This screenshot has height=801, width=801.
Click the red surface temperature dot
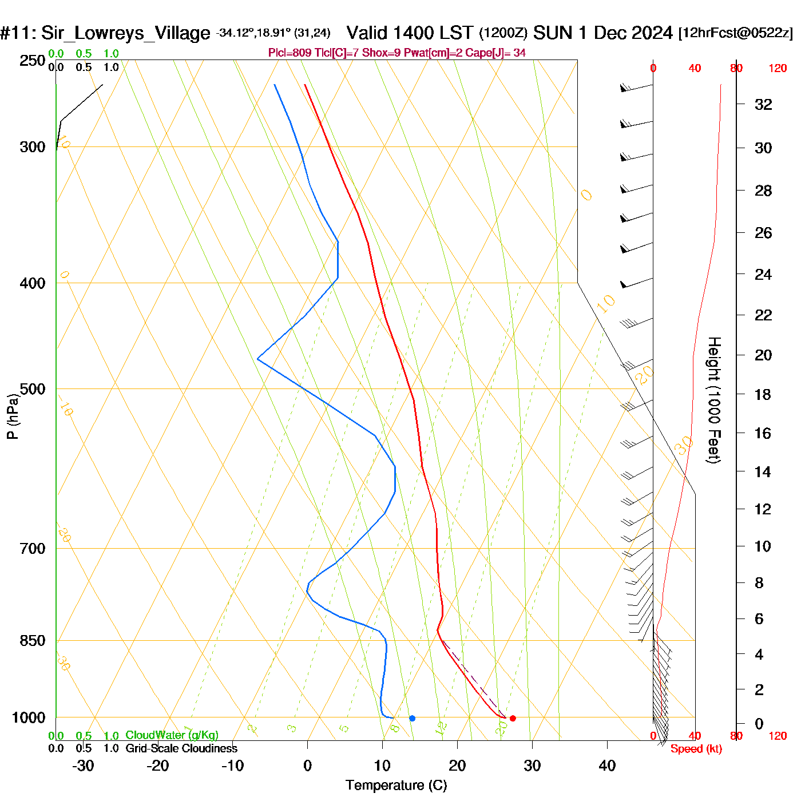click(x=513, y=718)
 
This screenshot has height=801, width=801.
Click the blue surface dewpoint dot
click(x=412, y=718)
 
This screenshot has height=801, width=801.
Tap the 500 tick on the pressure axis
click(x=33, y=389)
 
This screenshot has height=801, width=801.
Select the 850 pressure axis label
click(x=33, y=641)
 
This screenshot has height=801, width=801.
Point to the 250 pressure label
click(x=33, y=61)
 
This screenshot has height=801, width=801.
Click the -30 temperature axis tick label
click(x=83, y=766)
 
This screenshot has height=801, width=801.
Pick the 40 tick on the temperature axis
click(x=607, y=766)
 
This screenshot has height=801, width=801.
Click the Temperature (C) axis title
click(x=396, y=785)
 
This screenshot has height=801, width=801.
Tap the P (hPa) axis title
click(x=13, y=416)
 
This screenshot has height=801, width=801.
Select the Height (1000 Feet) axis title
click(x=713, y=400)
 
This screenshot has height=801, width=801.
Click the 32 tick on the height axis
click(x=763, y=104)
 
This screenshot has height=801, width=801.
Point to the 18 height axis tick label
click(x=763, y=394)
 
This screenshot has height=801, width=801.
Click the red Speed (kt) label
click(x=696, y=749)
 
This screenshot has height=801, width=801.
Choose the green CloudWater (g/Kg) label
click(x=172, y=735)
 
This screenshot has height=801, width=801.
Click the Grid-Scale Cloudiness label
click(x=181, y=748)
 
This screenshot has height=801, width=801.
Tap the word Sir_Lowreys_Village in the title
click(x=126, y=33)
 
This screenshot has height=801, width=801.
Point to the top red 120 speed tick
click(x=777, y=69)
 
